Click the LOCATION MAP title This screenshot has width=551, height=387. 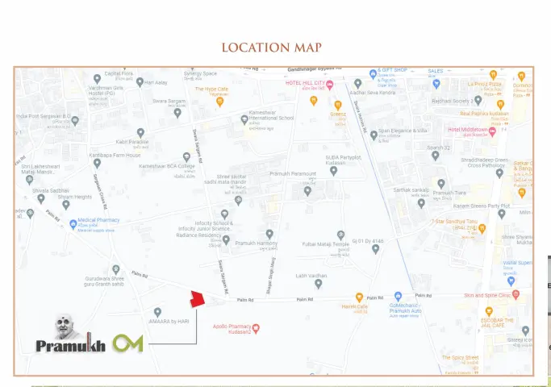tap(271, 48)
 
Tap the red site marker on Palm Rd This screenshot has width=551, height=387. tap(197, 298)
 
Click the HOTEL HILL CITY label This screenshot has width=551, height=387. tap(304, 84)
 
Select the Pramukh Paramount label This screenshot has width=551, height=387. tap(293, 173)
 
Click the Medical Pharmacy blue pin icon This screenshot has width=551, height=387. tap(73, 224)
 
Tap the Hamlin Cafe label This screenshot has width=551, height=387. tap(355, 307)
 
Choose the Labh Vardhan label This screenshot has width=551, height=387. tap(311, 276)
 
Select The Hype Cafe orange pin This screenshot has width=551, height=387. tap(219, 101)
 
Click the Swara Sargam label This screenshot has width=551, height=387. tap(169, 102)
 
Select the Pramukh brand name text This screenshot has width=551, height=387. tap(71, 347)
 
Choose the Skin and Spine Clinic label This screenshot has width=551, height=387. tap(486, 296)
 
